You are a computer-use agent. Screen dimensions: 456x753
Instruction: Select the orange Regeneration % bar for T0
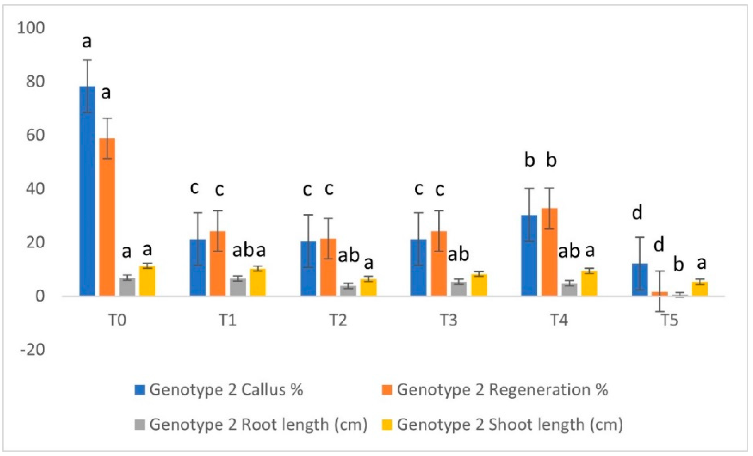pyautogui.click(x=107, y=217)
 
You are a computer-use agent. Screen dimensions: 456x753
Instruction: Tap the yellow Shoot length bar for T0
pyautogui.click(x=147, y=281)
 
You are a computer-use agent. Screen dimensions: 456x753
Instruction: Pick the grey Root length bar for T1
pyautogui.click(x=238, y=287)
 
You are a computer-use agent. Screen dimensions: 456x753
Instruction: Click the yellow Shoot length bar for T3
pyautogui.click(x=479, y=285)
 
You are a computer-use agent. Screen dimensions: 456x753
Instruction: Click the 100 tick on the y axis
pyautogui.click(x=31, y=28)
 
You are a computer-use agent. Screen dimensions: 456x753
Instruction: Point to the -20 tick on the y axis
pyautogui.click(x=32, y=350)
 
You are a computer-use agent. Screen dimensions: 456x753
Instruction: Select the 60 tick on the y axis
pyautogui.click(x=35, y=135)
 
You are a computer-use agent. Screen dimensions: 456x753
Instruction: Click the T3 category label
pyautogui.click(x=449, y=320)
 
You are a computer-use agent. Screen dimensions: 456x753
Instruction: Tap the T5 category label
pyautogui.click(x=670, y=320)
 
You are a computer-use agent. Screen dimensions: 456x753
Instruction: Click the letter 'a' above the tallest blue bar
pyautogui.click(x=87, y=42)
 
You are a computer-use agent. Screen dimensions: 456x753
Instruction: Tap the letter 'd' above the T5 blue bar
pyautogui.click(x=637, y=212)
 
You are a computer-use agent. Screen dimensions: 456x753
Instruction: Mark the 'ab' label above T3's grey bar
pyautogui.click(x=458, y=254)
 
